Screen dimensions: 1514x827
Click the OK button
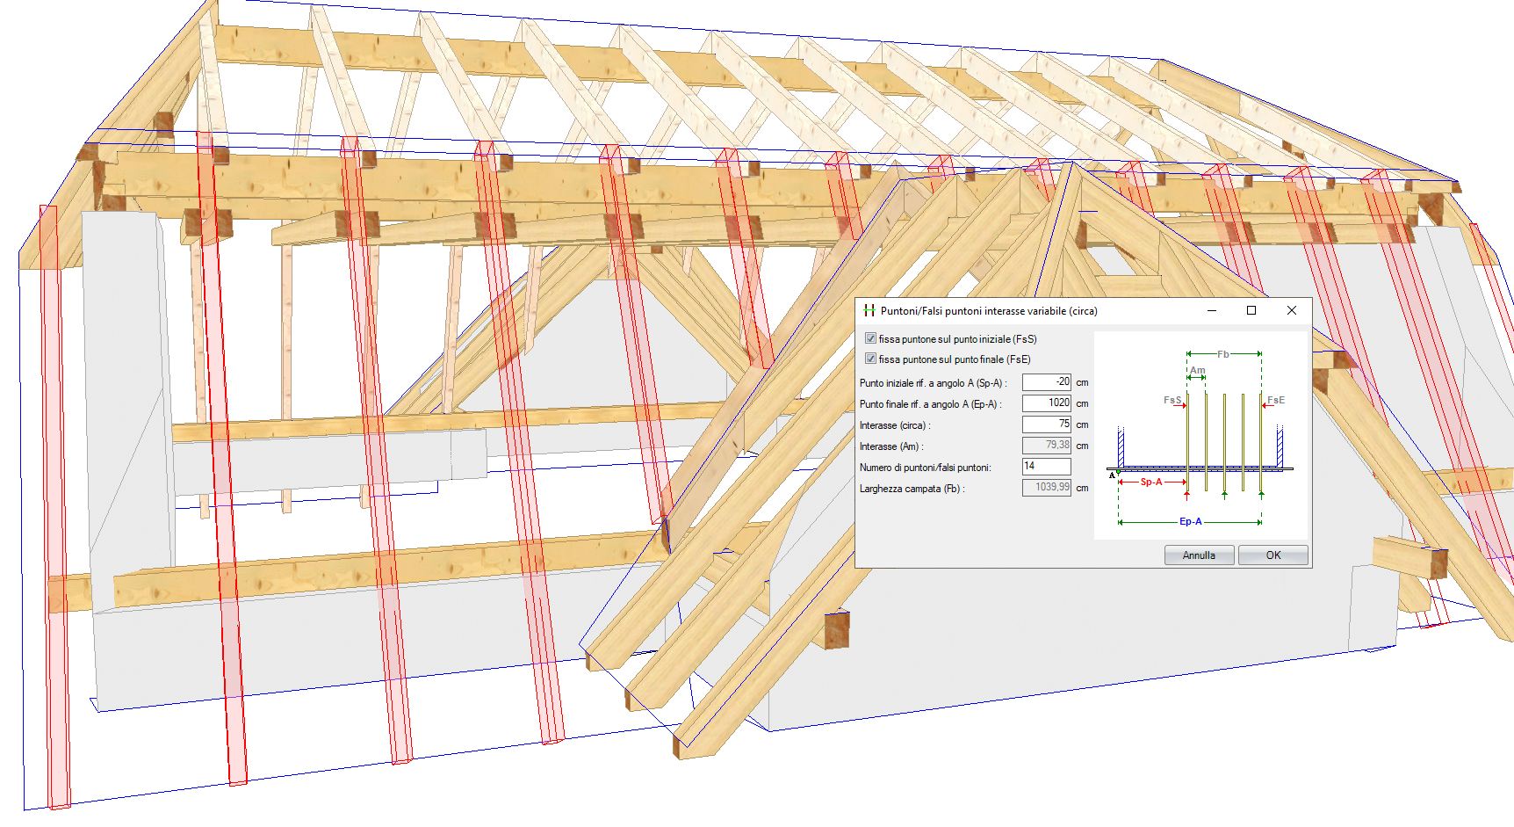click(1272, 555)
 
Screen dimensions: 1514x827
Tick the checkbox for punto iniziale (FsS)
click(870, 338)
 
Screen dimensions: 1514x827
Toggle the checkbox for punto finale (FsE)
click(870, 359)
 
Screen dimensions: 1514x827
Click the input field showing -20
click(1046, 382)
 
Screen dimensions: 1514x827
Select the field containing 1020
click(1046, 403)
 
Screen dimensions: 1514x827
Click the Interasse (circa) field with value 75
click(1046, 424)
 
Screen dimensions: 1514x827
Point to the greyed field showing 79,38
click(1046, 446)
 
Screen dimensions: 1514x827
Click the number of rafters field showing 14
click(1046, 467)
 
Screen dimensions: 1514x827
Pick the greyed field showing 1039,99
click(1046, 488)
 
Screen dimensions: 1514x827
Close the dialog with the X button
click(1291, 310)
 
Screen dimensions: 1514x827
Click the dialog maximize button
click(1251, 310)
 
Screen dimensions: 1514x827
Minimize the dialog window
click(1212, 310)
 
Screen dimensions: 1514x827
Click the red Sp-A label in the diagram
click(1151, 482)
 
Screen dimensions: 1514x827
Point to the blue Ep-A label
click(1191, 521)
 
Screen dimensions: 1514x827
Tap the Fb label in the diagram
click(1223, 354)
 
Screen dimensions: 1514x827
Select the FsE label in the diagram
click(1276, 400)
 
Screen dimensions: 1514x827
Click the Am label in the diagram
click(1198, 370)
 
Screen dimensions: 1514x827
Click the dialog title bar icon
click(869, 310)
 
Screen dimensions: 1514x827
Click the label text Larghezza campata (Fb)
click(912, 489)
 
